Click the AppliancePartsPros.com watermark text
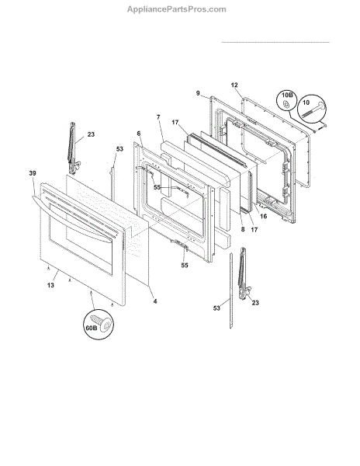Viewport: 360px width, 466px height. pos(177,9)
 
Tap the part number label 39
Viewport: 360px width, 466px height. pos(33,173)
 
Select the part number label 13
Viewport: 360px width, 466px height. pos(50,285)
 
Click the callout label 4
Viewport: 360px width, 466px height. pos(155,301)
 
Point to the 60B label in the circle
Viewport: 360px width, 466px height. pos(92,328)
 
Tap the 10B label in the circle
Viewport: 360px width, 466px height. pos(287,95)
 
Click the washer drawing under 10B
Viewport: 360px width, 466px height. pos(286,104)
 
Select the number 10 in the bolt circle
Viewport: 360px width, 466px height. pos(306,103)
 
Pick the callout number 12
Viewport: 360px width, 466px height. pos(234,85)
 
